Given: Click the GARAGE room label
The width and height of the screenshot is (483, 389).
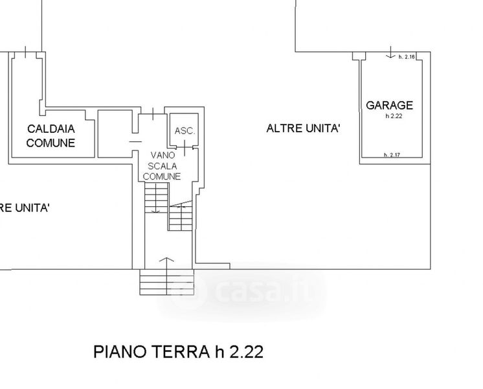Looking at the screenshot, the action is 389,106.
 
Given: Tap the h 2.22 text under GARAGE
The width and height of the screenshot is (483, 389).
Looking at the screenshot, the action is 394,116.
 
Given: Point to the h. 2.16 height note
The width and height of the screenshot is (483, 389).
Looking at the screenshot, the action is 407,57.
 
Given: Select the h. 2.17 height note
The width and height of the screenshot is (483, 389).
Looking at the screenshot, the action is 392,155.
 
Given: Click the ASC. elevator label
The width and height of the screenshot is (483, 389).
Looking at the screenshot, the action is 185,131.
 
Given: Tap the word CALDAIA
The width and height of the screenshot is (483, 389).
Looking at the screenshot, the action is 51,129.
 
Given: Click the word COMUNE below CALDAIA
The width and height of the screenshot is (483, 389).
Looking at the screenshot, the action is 51,143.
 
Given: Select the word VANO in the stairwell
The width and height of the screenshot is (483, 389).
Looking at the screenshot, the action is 163,155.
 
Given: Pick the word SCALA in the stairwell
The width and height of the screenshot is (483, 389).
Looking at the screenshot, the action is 163,166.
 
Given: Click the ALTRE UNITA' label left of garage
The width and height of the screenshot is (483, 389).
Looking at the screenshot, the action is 304,128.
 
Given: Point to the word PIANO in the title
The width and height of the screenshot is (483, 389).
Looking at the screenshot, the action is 120,352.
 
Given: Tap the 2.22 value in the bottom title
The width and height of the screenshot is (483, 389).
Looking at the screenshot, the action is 247,352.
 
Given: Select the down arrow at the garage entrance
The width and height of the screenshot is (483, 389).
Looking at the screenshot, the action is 390,52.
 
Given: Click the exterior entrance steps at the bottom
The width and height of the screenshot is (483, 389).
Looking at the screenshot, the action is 166,282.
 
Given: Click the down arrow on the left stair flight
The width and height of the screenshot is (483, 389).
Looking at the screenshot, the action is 156,198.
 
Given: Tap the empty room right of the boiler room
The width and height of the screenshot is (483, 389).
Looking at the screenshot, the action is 115,134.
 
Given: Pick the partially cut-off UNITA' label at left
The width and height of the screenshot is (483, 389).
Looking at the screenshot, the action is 25,208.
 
